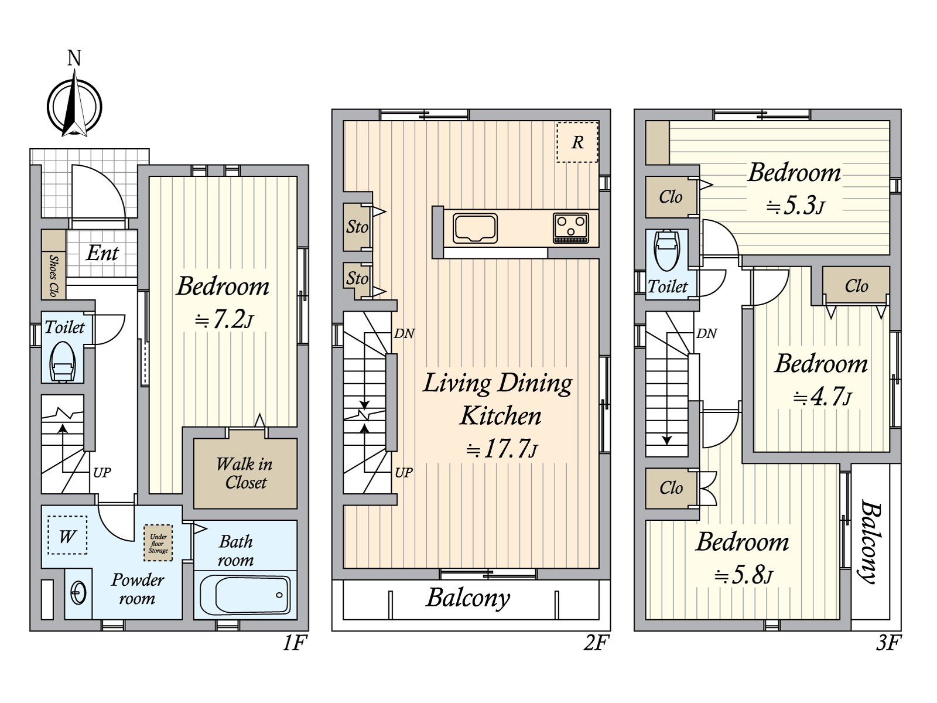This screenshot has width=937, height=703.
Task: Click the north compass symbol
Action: point(75,104)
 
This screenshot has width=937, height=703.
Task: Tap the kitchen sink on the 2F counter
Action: point(475,228)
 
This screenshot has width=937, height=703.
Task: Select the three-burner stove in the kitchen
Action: point(571,228)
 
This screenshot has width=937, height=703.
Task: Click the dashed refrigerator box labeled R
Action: point(577,142)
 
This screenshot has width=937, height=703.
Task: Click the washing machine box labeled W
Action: point(67,535)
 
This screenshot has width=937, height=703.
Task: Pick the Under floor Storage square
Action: point(158,542)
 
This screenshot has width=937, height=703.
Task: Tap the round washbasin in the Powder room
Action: point(78,593)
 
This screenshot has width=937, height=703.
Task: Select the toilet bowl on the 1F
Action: point(62,361)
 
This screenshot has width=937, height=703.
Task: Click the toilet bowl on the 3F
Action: point(666,251)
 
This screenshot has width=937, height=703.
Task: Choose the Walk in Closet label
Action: point(245,473)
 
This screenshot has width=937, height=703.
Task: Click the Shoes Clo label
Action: point(53,276)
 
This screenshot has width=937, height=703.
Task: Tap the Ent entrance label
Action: point(102,253)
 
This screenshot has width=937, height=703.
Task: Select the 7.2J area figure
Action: point(224,320)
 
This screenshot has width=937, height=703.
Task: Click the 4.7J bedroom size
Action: point(822,398)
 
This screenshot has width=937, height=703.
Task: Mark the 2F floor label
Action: point(594,643)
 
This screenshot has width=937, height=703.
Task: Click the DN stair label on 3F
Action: point(706,333)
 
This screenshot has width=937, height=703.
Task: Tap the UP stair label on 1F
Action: point(102,473)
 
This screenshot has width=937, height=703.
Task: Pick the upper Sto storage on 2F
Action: point(357,227)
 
